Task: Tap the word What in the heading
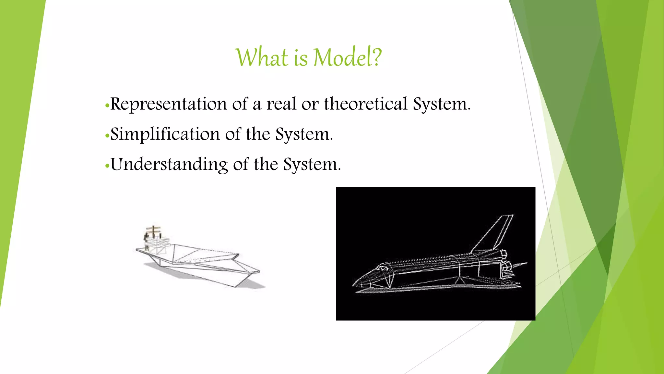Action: pyautogui.click(x=262, y=57)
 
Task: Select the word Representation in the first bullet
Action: pyautogui.click(x=168, y=104)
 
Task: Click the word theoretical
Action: pyautogui.click(x=365, y=104)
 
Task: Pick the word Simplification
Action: pyautogui.click(x=165, y=134)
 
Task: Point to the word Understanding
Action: pyautogui.click(x=169, y=164)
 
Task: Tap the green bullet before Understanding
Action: pyautogui.click(x=107, y=166)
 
